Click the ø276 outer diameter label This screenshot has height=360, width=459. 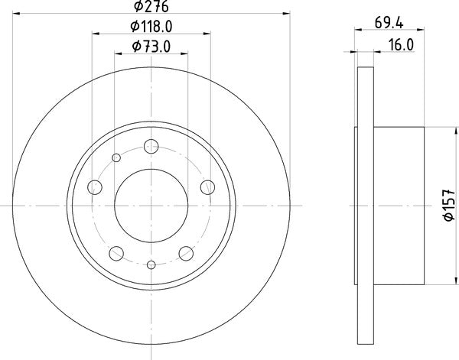(x=151, y=7)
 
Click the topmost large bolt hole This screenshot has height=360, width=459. (x=151, y=144)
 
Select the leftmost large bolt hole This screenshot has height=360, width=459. (x=96, y=186)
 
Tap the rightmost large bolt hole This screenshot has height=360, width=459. (x=206, y=186)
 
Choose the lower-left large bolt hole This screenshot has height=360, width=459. (x=116, y=252)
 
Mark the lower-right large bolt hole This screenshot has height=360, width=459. (x=186, y=252)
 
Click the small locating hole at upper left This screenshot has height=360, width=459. (x=117, y=158)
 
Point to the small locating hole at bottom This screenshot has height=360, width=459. (x=151, y=264)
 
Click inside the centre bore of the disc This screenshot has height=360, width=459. (x=151, y=205)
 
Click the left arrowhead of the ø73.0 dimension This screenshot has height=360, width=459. (x=118, y=53)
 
